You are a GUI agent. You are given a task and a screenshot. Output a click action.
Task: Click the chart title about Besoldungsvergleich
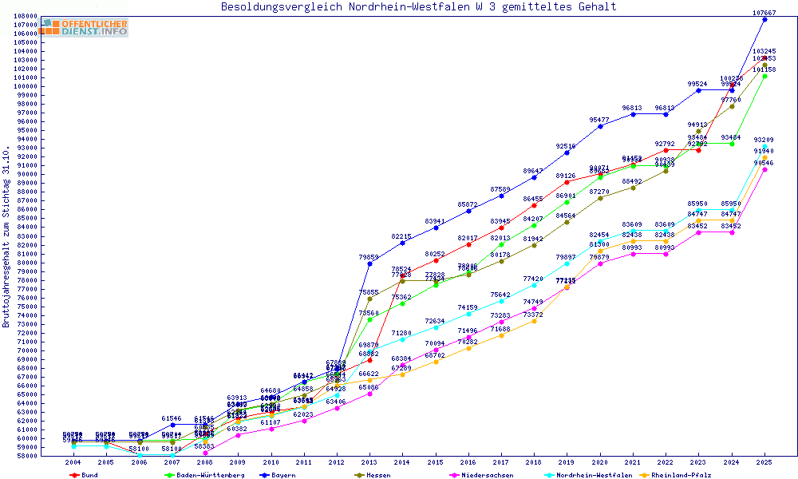pyautogui.click(x=418, y=7)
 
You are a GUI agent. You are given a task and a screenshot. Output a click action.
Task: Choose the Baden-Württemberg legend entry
pyautogui.click(x=197, y=474)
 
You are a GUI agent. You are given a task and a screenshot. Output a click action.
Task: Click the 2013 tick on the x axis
pyautogui.click(x=369, y=462)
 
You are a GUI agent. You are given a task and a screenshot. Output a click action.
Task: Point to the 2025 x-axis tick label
pyautogui.click(x=764, y=462)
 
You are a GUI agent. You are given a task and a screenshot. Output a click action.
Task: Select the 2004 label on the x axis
pyautogui.click(x=73, y=462)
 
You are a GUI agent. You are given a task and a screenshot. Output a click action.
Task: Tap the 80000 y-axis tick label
pyautogui.click(x=26, y=263)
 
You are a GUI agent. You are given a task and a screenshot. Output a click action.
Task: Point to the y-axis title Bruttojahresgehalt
pyautogui.click(x=7, y=237)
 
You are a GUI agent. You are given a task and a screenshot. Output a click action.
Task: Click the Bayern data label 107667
pyautogui.click(x=764, y=13)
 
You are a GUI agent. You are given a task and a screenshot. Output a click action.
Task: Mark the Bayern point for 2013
pyautogui.click(x=369, y=263)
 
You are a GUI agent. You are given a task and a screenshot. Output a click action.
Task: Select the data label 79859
pyautogui.click(x=369, y=257)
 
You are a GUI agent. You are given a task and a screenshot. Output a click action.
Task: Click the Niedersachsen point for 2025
pyautogui.click(x=764, y=169)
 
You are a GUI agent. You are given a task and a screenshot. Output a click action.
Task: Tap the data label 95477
pyautogui.click(x=599, y=120)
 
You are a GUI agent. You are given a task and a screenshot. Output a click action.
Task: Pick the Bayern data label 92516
pyautogui.click(x=566, y=146)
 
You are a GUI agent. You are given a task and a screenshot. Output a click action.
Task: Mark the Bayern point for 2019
pyautogui.click(x=567, y=152)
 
